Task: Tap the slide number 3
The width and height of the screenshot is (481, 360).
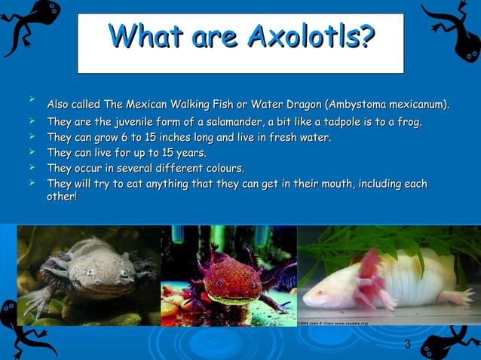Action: click(407, 345)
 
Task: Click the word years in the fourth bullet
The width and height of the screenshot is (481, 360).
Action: click(190, 154)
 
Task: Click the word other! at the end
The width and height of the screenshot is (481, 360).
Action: click(62, 197)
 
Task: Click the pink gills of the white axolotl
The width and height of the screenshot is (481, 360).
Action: click(370, 267)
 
